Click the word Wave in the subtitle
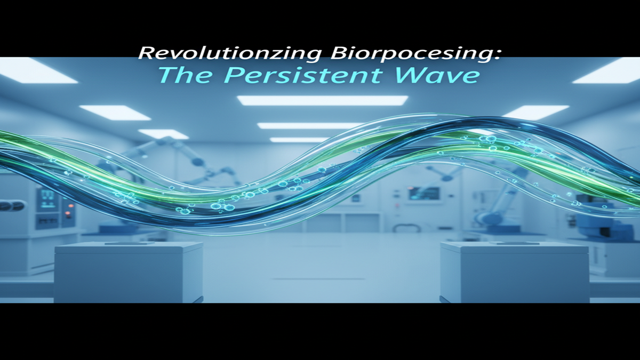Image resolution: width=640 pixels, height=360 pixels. click(x=432, y=75)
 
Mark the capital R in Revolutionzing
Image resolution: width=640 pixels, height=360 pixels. click(x=146, y=54)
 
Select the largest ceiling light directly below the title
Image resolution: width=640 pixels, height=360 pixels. click(x=322, y=100)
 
